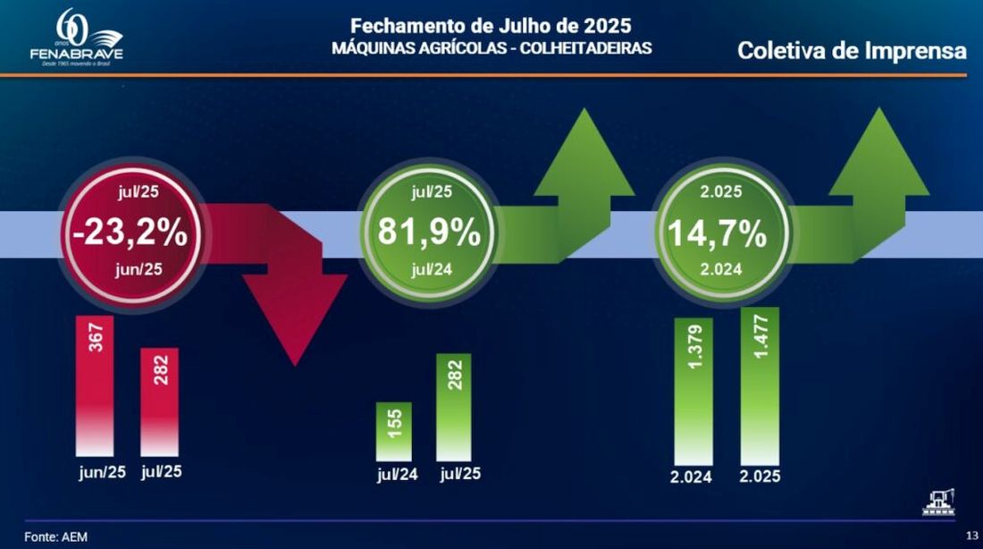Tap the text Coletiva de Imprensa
[x=852, y=51]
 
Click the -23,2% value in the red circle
[x=130, y=232]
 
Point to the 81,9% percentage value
[x=429, y=232]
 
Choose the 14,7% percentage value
[x=717, y=232]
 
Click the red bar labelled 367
[x=96, y=384]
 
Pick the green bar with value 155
[x=395, y=430]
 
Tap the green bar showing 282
[x=454, y=406]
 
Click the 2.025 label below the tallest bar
[x=760, y=476]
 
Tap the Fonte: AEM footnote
[x=55, y=536]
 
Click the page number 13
[x=970, y=535]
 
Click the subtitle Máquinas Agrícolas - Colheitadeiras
[x=491, y=47]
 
